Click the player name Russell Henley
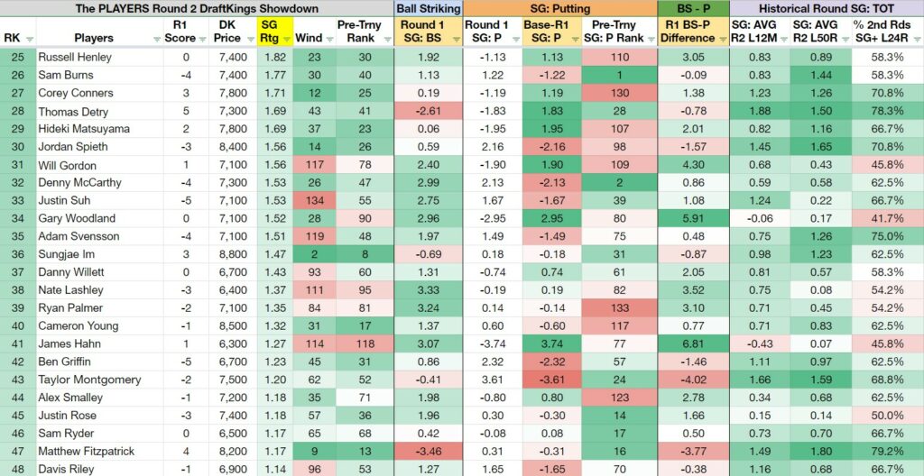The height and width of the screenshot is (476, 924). coord(75,57)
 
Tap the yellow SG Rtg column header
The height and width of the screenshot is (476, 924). coord(274,32)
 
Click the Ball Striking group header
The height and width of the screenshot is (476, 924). coord(429,8)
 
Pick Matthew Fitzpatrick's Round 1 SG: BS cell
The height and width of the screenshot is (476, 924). coord(429,452)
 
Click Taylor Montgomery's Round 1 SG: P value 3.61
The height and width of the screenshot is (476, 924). coord(486,380)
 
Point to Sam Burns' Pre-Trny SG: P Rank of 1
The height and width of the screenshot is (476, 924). coord(619,75)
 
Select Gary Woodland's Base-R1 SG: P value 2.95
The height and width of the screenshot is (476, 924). coord(552,218)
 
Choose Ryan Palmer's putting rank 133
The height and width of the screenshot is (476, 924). coord(619,308)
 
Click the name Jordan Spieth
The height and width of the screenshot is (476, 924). coord(73,147)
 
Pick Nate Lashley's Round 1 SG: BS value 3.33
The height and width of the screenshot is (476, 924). coord(429,290)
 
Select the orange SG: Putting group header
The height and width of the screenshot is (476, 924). coord(559,8)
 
